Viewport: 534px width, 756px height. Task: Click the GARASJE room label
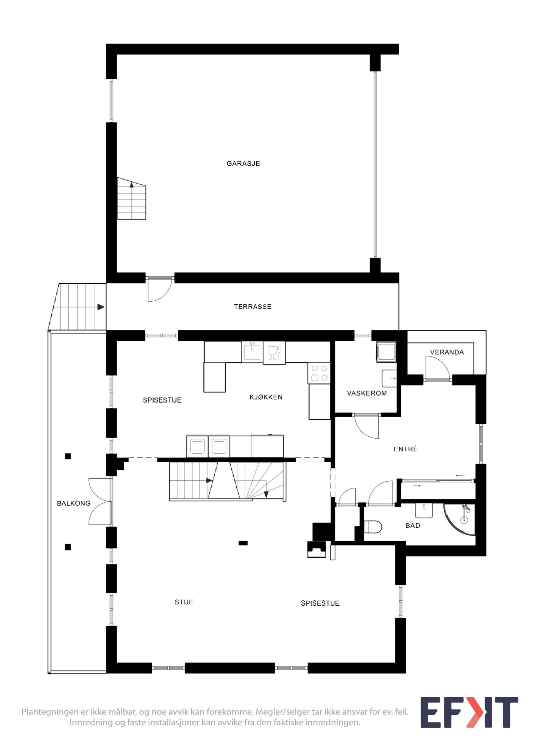[x=243, y=163]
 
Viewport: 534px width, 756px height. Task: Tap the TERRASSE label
[x=253, y=306]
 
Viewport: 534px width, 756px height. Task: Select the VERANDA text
[x=447, y=352]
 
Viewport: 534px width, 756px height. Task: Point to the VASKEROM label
[x=366, y=393]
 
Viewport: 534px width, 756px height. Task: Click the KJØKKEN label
[x=266, y=397]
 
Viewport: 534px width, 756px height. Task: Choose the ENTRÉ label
[x=406, y=449]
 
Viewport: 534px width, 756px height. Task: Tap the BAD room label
[x=413, y=525]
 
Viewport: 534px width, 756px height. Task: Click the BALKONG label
[x=73, y=503]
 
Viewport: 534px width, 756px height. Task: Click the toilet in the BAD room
[x=372, y=527]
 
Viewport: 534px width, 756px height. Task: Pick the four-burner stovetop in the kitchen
[x=319, y=373]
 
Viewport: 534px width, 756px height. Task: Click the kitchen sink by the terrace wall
[x=252, y=351]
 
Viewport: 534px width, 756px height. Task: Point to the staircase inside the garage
[x=131, y=199]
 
